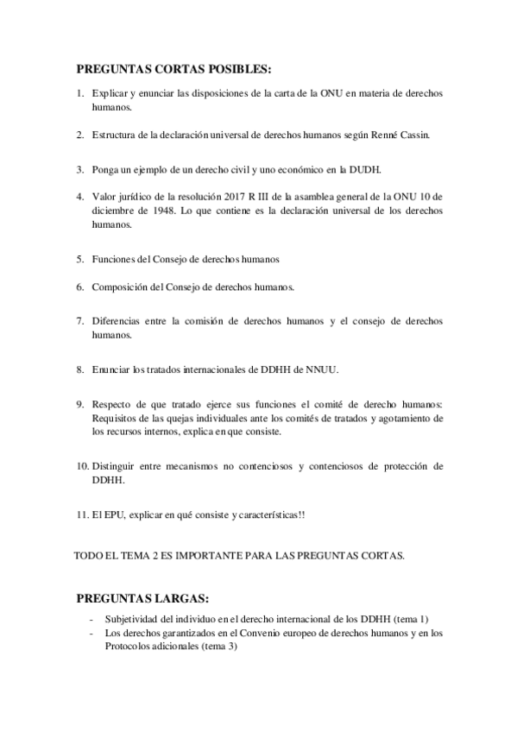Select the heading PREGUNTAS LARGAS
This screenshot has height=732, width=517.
click(x=142, y=598)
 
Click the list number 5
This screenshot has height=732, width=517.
click(x=79, y=259)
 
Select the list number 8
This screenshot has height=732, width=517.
click(x=79, y=370)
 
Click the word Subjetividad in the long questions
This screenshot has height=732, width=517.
click(x=131, y=619)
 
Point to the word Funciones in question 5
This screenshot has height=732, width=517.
click(x=112, y=259)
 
